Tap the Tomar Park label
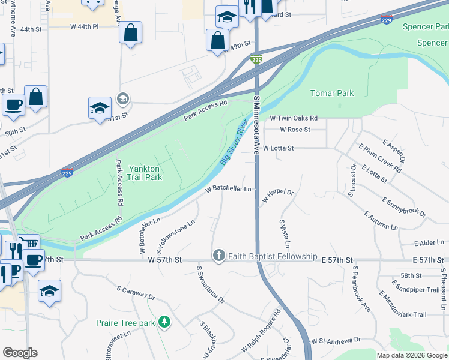(332, 93)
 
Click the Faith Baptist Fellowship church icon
(218, 256)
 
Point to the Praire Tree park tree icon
(164, 323)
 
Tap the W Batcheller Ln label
(228, 189)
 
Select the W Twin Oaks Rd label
(294, 119)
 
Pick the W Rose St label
(295, 130)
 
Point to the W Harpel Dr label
(277, 196)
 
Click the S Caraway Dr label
(136, 293)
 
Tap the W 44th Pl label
(83, 26)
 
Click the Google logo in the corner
(20, 353)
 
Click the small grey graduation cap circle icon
(123, 98)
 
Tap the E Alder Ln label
(428, 244)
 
